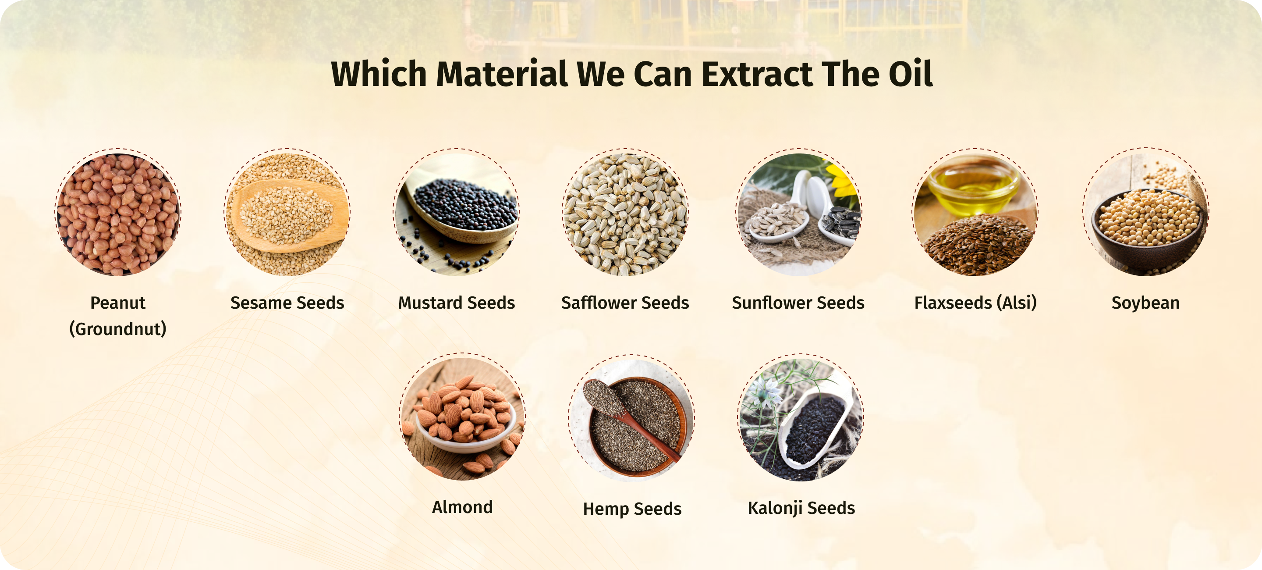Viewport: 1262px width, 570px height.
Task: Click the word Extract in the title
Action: (757, 74)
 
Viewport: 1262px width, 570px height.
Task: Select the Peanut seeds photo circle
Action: (117, 214)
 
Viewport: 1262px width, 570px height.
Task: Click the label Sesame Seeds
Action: (287, 303)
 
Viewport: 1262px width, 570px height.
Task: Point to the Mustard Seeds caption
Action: (456, 303)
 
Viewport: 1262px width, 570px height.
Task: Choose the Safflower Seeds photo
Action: (625, 214)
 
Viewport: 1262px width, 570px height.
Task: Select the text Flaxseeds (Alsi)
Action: (975, 303)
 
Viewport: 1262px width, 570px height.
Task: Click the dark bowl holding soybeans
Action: (1146, 230)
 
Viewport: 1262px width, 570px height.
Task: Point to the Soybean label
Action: (1145, 303)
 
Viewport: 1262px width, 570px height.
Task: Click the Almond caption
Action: (462, 507)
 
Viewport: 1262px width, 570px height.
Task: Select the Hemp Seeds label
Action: (632, 509)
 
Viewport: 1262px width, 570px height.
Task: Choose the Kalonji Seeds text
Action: (801, 508)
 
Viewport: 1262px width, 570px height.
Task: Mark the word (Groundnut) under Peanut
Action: (117, 329)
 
